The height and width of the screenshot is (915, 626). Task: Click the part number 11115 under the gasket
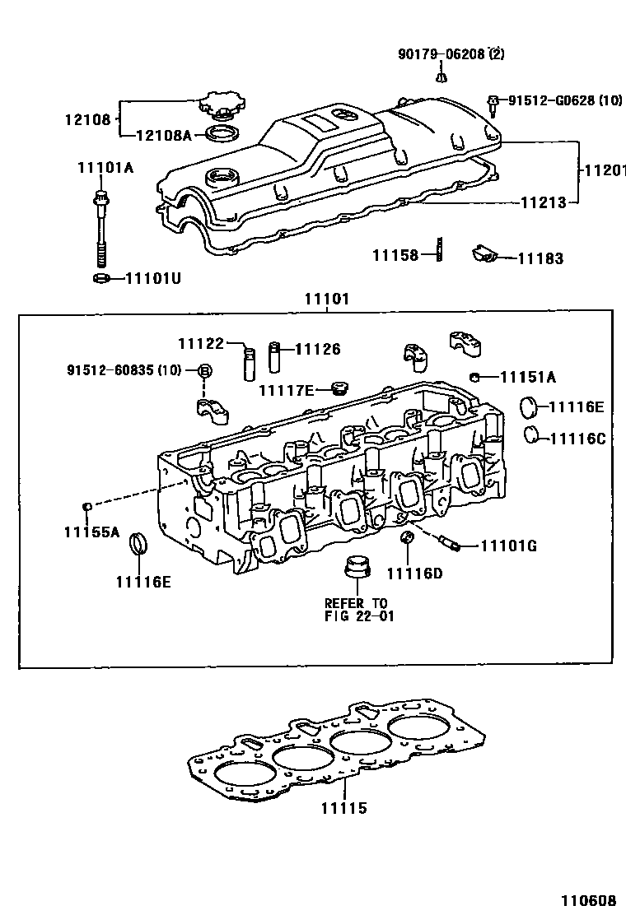[x=343, y=809]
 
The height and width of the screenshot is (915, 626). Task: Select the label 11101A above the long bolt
[x=105, y=167]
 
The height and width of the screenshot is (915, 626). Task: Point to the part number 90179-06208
[x=440, y=54]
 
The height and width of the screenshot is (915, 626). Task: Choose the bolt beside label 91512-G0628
[x=493, y=102]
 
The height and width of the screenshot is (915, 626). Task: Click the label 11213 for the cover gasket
[x=542, y=201]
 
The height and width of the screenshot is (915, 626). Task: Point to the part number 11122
[x=201, y=342]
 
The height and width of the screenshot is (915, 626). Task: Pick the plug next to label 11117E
[x=335, y=388]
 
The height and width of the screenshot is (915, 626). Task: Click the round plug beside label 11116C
[x=533, y=434]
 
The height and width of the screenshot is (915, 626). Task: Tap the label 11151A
[x=528, y=378]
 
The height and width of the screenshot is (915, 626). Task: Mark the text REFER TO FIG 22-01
[x=355, y=610]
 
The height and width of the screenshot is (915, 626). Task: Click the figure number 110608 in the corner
[x=588, y=901]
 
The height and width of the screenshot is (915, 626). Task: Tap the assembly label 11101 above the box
[x=327, y=300]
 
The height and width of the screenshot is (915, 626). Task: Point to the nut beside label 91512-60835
[x=205, y=371]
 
